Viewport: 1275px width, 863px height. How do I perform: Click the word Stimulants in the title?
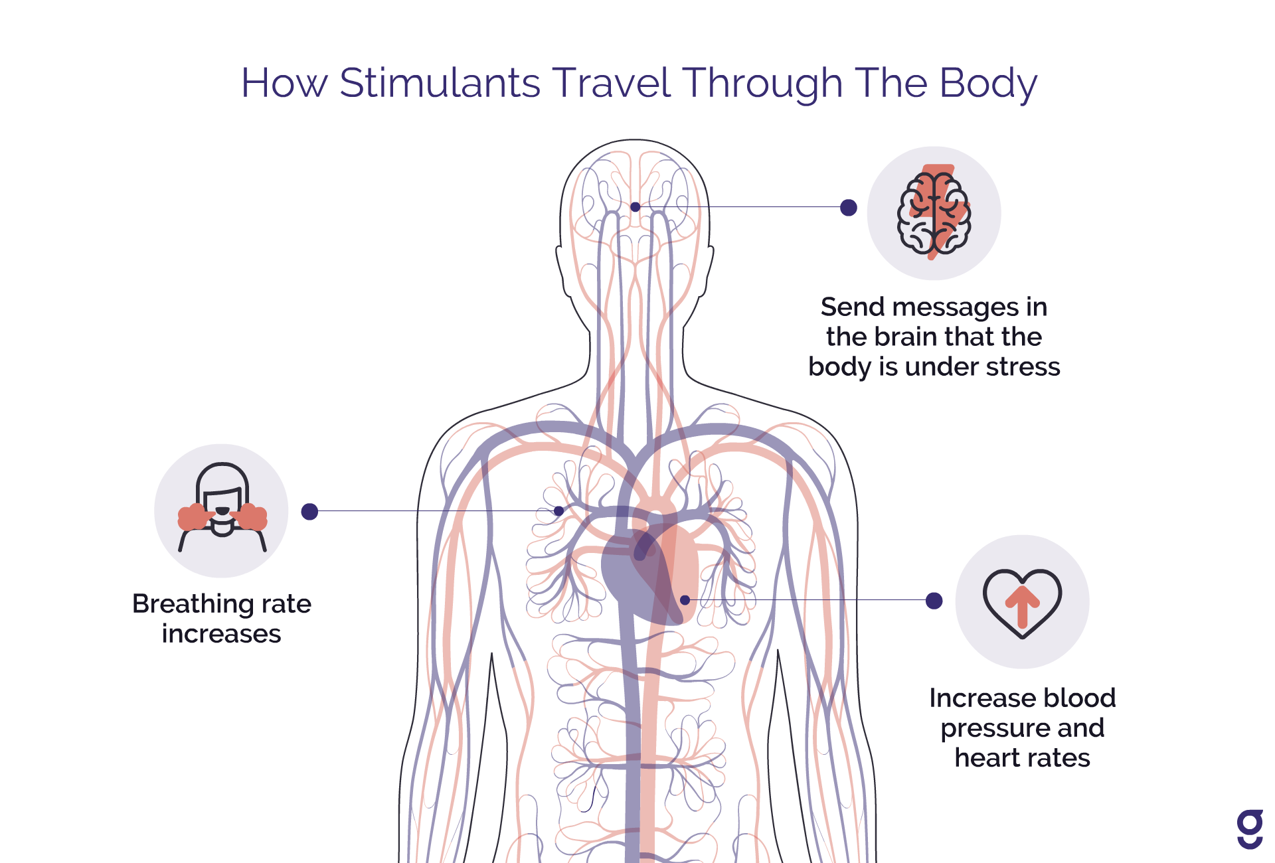440,83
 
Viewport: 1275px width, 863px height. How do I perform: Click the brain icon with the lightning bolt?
934,212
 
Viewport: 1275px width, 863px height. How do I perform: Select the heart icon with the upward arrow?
1022,601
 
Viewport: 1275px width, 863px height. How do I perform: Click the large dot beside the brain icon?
848,208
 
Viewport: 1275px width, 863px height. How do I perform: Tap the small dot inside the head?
636,207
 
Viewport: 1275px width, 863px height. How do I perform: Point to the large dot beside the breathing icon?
309,511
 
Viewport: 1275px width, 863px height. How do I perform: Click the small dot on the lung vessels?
559,511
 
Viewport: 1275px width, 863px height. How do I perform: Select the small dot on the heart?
685,600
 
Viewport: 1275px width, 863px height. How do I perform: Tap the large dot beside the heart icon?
934,601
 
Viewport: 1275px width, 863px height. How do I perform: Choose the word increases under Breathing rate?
221,634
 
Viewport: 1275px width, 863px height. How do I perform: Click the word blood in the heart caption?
1078,698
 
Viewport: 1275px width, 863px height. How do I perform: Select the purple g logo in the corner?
1250,828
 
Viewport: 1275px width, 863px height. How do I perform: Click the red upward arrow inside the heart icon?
1022,605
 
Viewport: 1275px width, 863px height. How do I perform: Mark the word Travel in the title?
611,83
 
